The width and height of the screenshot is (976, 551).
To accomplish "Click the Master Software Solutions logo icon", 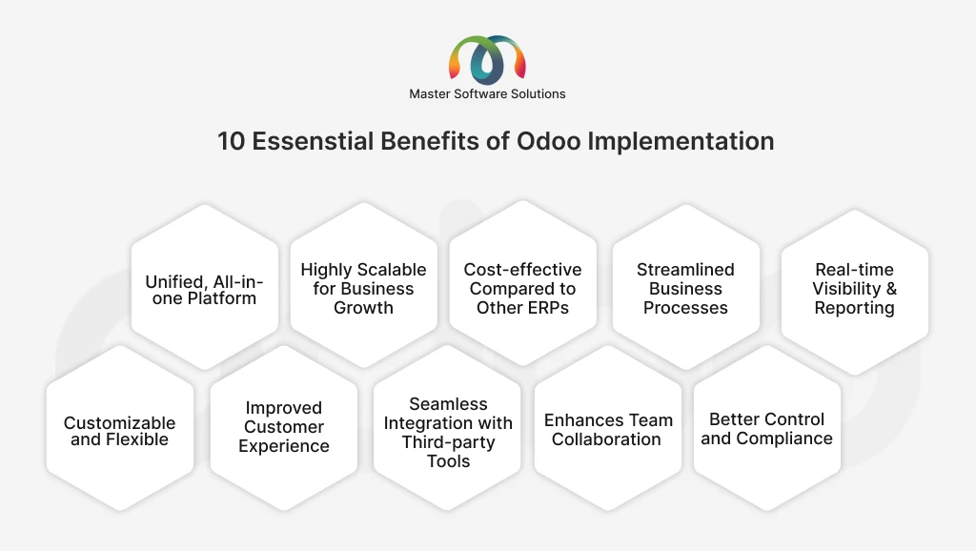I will click(487, 58).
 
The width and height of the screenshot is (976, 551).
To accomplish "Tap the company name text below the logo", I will click(487, 93).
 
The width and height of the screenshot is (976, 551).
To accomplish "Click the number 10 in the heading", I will click(231, 141).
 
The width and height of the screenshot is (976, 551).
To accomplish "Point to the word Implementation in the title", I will click(681, 141).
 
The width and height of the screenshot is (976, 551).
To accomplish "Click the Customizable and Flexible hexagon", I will click(120, 431).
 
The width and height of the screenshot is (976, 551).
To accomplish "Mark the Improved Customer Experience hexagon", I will click(283, 427).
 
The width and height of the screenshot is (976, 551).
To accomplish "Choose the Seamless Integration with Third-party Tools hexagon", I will click(448, 432).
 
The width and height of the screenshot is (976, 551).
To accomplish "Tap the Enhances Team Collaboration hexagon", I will click(607, 430).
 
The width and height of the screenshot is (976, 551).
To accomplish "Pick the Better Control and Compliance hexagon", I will click(766, 429).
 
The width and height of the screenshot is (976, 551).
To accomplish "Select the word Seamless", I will click(448, 404).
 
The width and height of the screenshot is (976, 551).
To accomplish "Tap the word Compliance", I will click(785, 439).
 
